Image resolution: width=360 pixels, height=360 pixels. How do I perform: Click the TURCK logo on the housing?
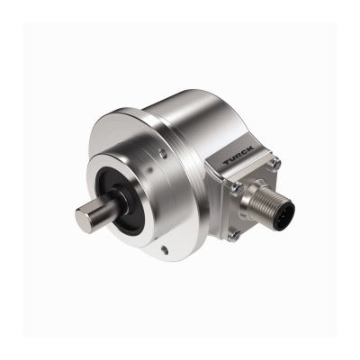[x=238, y=155]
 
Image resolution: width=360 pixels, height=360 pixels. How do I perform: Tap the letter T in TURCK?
[x=227, y=162]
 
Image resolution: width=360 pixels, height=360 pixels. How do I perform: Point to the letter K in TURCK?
[x=249, y=148]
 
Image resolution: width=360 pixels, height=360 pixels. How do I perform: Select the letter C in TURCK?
[x=245, y=151]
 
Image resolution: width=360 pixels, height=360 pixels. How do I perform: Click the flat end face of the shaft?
[x=82, y=218]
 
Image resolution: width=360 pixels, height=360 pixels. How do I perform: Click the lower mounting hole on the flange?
[x=163, y=248]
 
